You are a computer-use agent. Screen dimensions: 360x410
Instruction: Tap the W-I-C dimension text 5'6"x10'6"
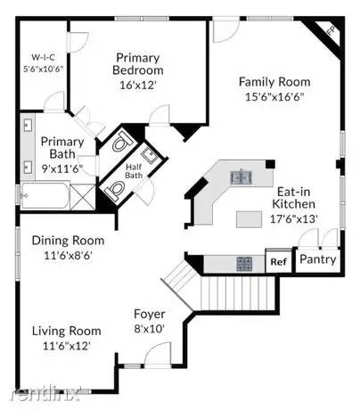[44, 69]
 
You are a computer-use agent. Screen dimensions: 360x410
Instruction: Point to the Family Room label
[274, 82]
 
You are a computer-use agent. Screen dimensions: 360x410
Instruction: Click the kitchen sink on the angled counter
[241, 177]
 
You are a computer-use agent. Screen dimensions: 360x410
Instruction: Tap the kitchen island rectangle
[249, 219]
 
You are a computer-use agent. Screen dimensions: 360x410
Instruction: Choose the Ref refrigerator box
[279, 261]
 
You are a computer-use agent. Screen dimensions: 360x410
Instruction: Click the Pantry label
[318, 259]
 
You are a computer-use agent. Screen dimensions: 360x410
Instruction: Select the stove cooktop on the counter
[244, 264]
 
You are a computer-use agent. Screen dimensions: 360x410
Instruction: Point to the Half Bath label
[134, 171]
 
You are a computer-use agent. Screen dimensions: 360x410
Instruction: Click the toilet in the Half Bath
[114, 189]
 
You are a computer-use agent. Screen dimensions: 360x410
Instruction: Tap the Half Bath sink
[150, 156]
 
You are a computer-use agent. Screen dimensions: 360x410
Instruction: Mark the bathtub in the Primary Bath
[45, 195]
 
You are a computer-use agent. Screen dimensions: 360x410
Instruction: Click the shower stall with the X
[82, 197]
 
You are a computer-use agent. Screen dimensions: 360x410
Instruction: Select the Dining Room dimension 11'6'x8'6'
[69, 256]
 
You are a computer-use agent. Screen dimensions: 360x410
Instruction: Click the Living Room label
[67, 331]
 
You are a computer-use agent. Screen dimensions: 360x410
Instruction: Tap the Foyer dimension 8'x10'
[149, 329]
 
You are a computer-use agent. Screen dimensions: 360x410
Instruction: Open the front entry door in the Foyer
[158, 355]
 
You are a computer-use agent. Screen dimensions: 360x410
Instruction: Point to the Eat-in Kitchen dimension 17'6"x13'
[294, 219]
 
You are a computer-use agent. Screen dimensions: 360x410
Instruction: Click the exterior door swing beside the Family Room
[225, 29]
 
